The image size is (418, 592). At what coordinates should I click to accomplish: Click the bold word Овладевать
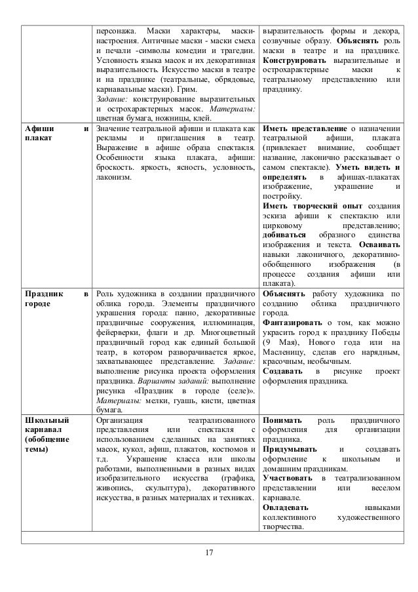pos(286,507)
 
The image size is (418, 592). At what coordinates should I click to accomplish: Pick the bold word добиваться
pos(283,235)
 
